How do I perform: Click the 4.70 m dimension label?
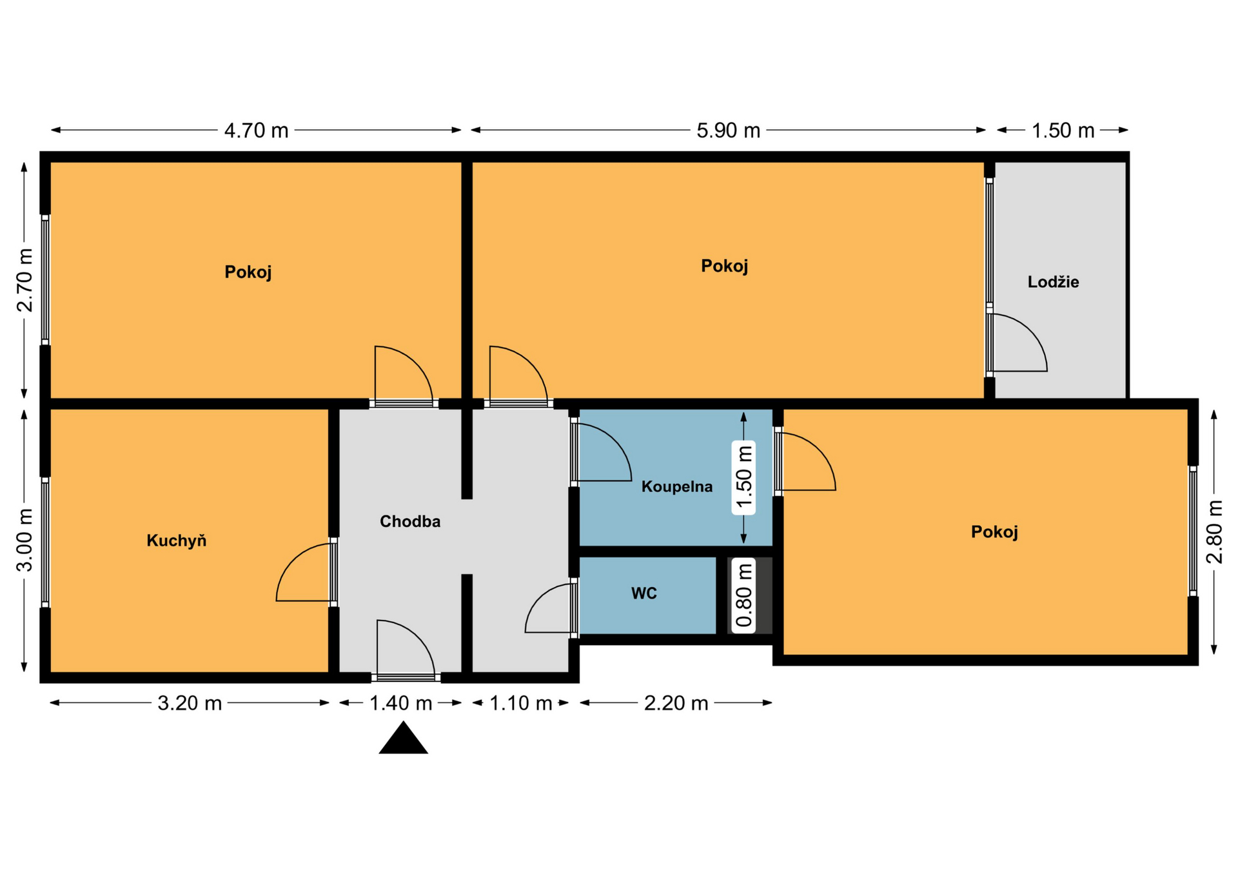click(x=256, y=130)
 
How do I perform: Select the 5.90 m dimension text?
click(x=728, y=130)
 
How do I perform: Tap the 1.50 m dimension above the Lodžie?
click(x=1063, y=130)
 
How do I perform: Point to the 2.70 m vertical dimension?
click(x=25, y=279)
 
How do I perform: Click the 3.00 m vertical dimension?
click(x=25, y=540)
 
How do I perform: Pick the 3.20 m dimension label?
click(x=190, y=702)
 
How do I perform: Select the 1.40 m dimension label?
click(x=400, y=702)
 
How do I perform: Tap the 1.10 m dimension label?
click(x=520, y=702)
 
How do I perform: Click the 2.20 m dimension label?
click(x=676, y=702)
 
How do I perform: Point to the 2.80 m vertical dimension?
click(x=1214, y=532)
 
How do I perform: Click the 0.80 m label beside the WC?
click(x=743, y=595)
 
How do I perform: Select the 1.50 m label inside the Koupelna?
click(x=743, y=477)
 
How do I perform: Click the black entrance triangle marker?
click(x=404, y=738)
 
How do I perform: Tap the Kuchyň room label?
click(x=176, y=541)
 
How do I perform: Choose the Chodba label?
click(x=410, y=521)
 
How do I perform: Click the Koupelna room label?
click(x=677, y=486)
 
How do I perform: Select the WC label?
click(x=644, y=593)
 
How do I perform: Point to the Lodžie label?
click(x=1053, y=282)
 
